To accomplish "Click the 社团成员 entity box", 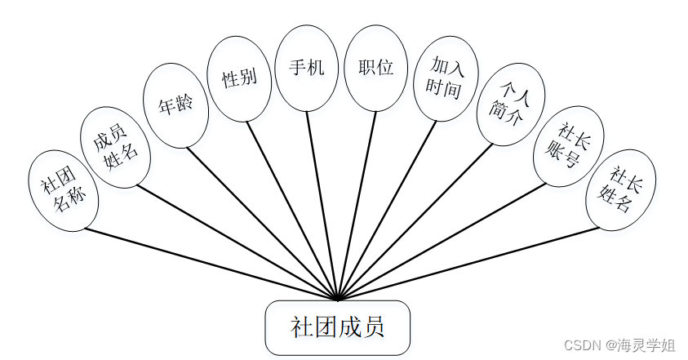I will click(337, 328).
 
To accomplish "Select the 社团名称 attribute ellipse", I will click(63, 191).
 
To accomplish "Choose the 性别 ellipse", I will click(239, 79).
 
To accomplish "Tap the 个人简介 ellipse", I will click(510, 104).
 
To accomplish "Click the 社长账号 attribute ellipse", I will click(568, 145).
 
